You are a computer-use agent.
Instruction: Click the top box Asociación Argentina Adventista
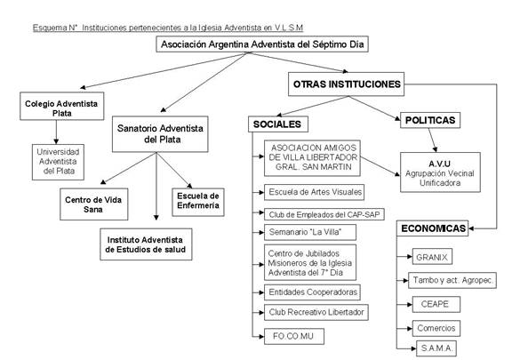[262, 44]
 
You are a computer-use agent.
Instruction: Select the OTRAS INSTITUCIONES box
[347, 84]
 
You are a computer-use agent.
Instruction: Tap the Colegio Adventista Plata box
[61, 106]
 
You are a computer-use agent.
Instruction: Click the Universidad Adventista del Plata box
[58, 162]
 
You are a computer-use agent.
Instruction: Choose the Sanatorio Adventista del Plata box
[160, 134]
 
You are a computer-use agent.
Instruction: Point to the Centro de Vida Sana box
[94, 204]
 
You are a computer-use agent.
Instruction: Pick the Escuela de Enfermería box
[198, 202]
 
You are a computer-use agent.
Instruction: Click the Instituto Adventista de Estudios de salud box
[146, 244]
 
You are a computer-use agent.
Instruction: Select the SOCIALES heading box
[278, 124]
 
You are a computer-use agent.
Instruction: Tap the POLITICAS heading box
[430, 120]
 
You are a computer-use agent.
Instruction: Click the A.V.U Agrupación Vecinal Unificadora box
[440, 172]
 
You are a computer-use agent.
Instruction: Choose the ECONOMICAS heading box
[433, 228]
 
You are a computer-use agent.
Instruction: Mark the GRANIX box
[432, 257]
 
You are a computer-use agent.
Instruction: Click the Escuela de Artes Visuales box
[314, 192]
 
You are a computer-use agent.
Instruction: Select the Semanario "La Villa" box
[310, 232]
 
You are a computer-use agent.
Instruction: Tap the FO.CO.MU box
[294, 337]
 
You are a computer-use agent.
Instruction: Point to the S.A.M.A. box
[436, 348]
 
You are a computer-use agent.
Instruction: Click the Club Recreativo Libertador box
[316, 312]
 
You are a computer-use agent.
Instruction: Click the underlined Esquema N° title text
[168, 28]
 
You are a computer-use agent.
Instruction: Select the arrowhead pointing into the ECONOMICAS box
[471, 228]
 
